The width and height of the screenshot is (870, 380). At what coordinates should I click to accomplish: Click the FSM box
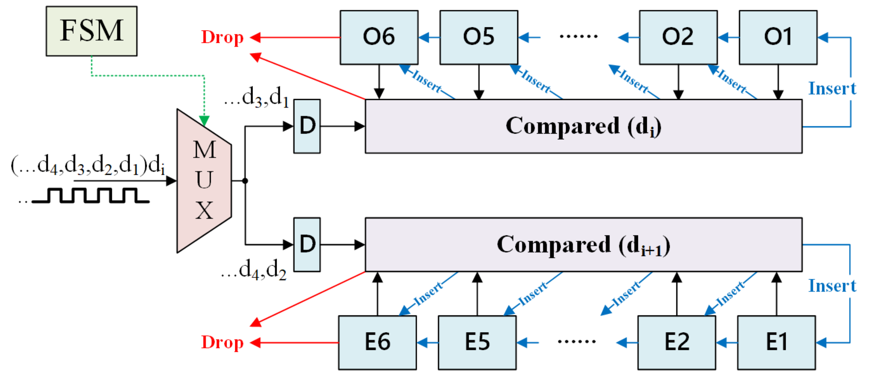(x=91, y=31)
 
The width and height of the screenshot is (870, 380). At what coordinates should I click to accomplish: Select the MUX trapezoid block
(x=204, y=181)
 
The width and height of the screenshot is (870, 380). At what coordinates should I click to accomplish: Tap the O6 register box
(x=379, y=37)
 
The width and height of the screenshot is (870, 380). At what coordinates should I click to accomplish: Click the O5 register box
(x=479, y=37)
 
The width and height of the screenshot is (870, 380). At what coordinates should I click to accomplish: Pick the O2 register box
(x=678, y=37)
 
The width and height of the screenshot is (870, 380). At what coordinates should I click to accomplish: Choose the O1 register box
(x=778, y=37)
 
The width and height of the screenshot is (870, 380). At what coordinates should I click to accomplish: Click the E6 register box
(x=377, y=342)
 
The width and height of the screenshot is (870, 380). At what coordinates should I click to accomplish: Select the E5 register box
(x=477, y=342)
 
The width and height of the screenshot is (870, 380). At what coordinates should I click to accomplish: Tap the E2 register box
(x=677, y=342)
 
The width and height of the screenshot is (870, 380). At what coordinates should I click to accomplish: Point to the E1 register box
(x=776, y=342)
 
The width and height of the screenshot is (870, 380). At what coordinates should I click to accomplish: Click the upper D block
(x=307, y=126)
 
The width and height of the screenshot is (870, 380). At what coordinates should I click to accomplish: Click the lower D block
(x=307, y=245)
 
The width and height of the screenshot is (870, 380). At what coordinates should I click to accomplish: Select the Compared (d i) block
(x=583, y=126)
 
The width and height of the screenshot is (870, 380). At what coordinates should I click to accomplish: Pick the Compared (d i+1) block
(x=583, y=245)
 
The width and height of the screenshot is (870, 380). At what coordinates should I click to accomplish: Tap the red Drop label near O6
(x=222, y=37)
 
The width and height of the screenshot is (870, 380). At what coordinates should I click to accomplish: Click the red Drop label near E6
(x=222, y=342)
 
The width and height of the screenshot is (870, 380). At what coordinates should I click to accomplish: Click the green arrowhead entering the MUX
(x=204, y=121)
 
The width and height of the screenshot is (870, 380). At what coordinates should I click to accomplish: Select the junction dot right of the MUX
(x=245, y=181)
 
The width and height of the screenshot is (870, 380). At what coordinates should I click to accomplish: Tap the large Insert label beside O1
(x=832, y=89)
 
